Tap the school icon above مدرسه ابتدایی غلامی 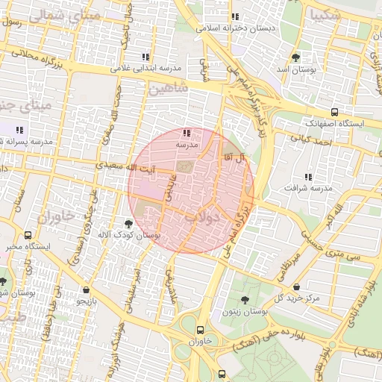(x=145, y=57)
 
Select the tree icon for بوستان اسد (x=295, y=57)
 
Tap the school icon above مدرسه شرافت (x=306, y=177)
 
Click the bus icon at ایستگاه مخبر (x=28, y=235)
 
